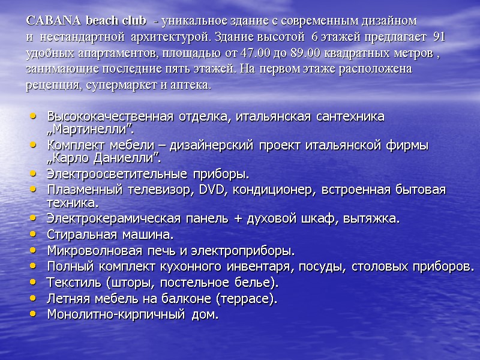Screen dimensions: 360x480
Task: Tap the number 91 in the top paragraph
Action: click(439, 37)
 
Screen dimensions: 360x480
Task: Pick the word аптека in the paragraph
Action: click(192, 85)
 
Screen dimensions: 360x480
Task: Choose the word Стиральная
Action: click(79, 234)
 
